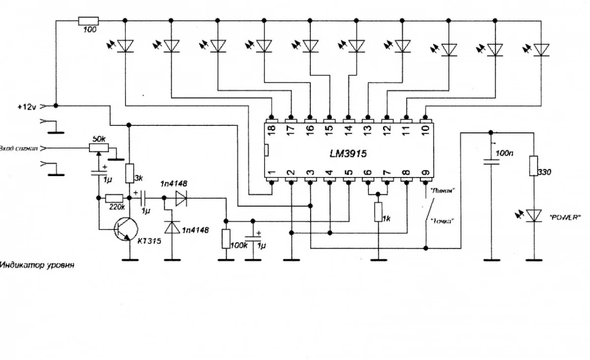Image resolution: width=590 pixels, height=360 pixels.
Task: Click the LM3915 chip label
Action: [x=348, y=153]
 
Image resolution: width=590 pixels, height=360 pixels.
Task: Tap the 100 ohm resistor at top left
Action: [x=88, y=21]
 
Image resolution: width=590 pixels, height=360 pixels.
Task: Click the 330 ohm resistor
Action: [x=533, y=166]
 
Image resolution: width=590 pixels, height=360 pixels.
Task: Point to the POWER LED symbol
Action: [x=533, y=214]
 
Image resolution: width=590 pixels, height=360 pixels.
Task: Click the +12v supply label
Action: [x=27, y=106]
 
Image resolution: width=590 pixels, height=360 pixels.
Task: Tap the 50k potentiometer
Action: [x=99, y=147]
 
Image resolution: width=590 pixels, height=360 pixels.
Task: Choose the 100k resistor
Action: [x=226, y=239]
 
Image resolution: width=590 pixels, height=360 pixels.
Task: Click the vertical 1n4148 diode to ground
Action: [x=171, y=227]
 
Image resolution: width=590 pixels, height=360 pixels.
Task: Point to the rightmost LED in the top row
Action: [x=541, y=49]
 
